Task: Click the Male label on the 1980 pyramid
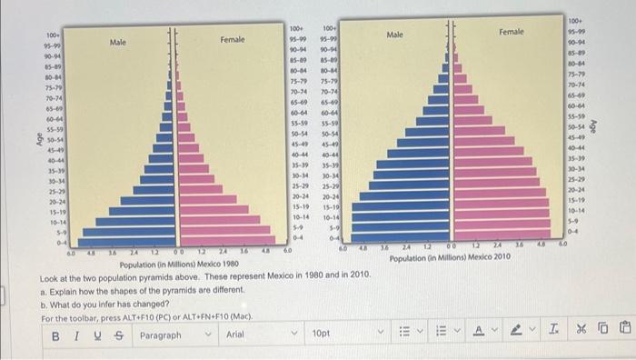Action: coord(118,42)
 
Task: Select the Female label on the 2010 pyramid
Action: coord(511,33)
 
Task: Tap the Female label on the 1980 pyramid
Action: coord(232,39)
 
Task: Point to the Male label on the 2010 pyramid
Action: coord(394,35)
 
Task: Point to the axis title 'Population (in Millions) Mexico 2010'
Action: coord(450,258)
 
